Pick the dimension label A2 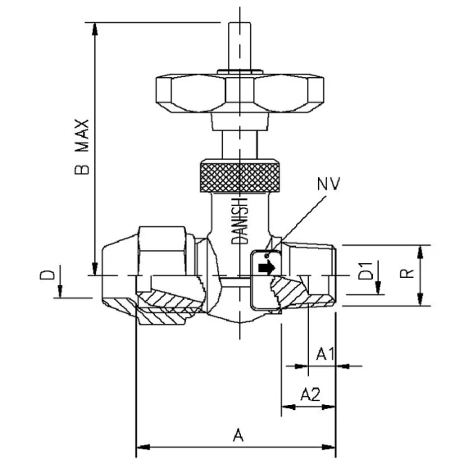click(x=310, y=394)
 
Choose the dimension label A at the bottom click(x=239, y=436)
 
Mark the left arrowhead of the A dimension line click(x=142, y=448)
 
